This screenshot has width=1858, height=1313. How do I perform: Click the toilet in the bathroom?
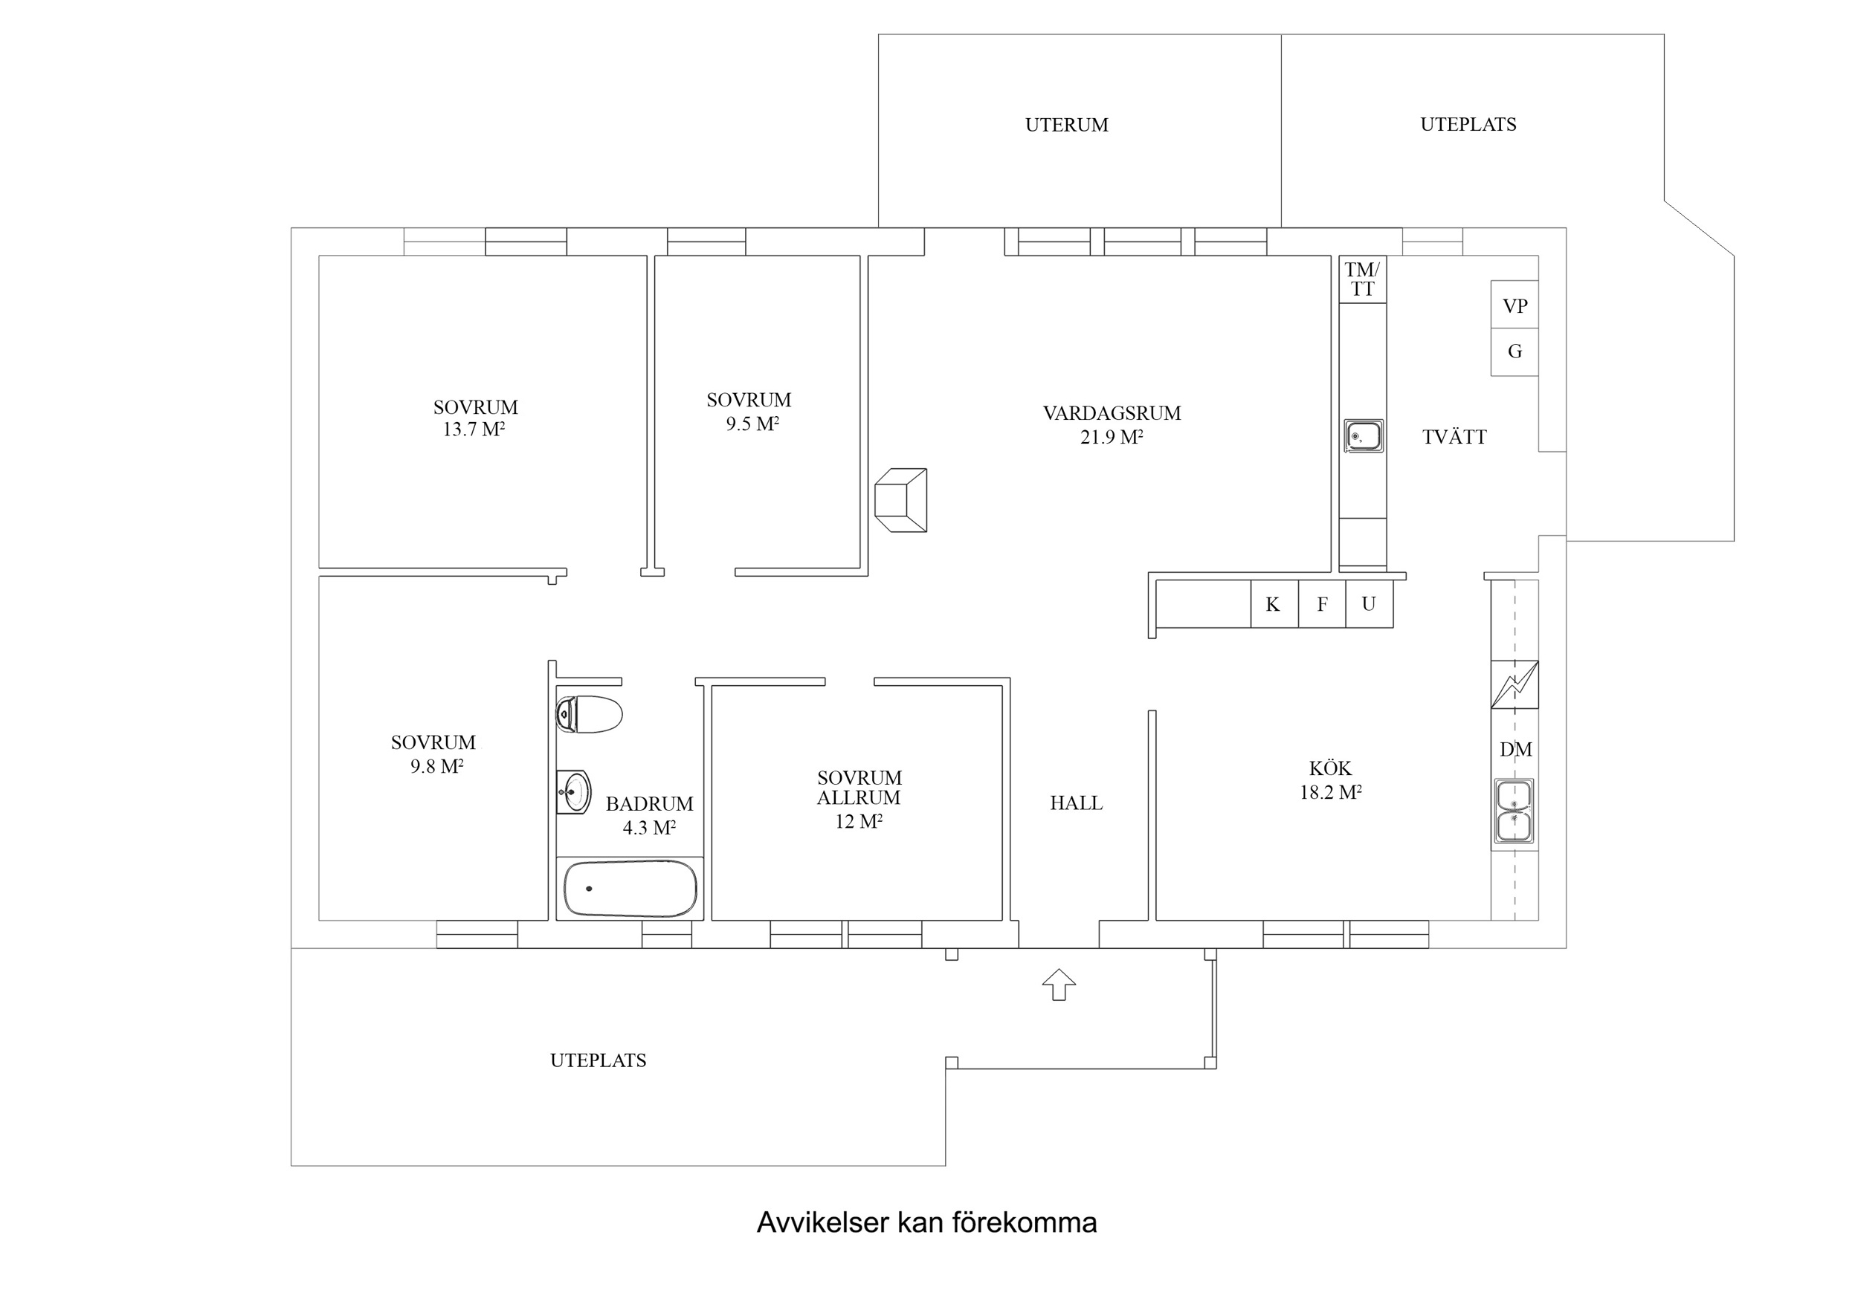coord(590,714)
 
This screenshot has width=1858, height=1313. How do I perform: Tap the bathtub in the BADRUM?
coord(630,888)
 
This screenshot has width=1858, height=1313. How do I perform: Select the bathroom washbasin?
coord(575,791)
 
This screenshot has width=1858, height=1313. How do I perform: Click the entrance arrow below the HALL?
coord(1059,985)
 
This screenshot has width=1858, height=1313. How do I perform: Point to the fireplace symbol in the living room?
coord(900,500)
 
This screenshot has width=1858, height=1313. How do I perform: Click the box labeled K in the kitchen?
coord(1274,604)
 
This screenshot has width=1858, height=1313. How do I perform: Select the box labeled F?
coord(1322,604)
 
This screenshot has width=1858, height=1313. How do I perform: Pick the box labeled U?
coord(1370,604)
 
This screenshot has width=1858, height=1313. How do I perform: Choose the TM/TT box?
coord(1363,280)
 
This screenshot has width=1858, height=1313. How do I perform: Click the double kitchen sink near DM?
coord(1513,811)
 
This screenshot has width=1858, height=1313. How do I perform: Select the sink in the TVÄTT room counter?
coord(1364,436)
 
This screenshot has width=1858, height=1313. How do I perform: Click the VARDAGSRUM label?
coord(1112,413)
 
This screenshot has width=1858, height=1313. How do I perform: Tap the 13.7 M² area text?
coord(474,429)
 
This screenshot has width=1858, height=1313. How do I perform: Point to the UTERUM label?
coord(1067,126)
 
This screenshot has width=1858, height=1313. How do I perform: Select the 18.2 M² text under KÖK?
coord(1330,793)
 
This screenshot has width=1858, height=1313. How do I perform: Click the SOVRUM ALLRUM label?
coord(859,788)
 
